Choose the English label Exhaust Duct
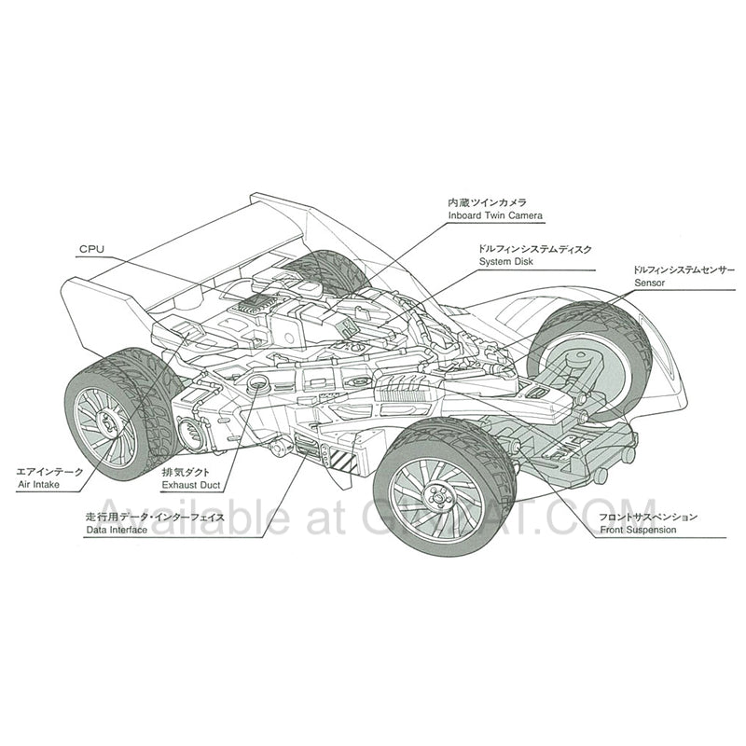click(x=190, y=486)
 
